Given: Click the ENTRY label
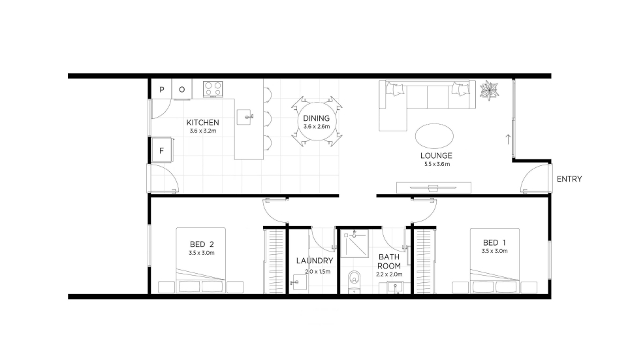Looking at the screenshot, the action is tap(569, 179).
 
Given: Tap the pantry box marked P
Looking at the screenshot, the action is tap(161, 89).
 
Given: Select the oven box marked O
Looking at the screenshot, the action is tap(182, 89).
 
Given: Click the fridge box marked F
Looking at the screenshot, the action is tap(161, 150).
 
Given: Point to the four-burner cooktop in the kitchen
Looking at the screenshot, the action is tap(213, 89).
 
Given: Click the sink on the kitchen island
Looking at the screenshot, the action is tap(244, 117).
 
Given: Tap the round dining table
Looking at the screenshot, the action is tap(317, 122).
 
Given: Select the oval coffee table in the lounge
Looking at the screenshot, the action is tap(434, 136).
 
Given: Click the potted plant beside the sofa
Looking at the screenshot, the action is tap(489, 90).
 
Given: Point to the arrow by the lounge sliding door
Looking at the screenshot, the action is tap(508, 139).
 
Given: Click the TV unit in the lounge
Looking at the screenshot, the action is tap(433, 188).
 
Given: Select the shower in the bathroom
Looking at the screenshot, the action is tap(354, 243).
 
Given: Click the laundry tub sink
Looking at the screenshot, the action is tap(299, 282).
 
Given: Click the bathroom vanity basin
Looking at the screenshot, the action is tap(396, 287).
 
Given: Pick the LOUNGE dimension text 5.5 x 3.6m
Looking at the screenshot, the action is tap(437, 164).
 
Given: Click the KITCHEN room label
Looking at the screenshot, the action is tap(203, 122).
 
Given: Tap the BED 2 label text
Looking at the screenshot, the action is tap(202, 244).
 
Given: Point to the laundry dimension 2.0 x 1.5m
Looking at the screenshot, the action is tap(317, 272).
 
